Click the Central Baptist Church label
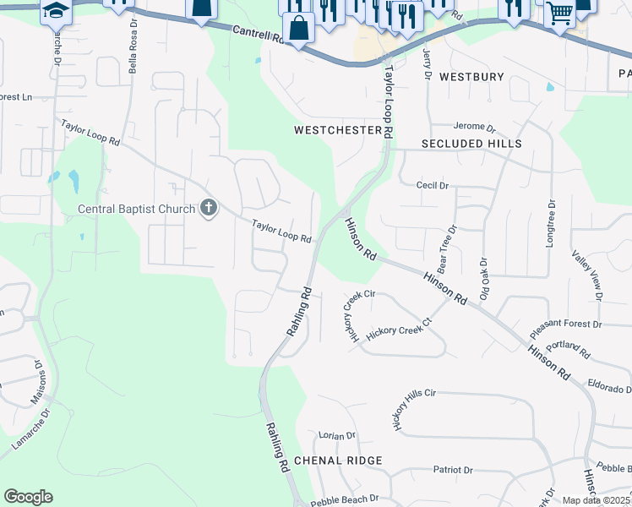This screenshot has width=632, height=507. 137,209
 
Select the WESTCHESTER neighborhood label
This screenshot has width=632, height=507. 338,131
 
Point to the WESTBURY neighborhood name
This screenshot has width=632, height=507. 471,77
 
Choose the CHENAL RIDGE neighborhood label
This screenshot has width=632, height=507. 338,461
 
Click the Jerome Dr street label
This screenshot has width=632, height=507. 474,128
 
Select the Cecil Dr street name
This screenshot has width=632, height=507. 432,184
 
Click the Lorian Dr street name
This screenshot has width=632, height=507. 337,436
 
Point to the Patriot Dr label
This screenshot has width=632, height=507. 452,470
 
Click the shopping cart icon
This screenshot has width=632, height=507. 559,13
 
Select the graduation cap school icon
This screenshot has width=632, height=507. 56,10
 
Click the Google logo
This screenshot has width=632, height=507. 28,497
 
